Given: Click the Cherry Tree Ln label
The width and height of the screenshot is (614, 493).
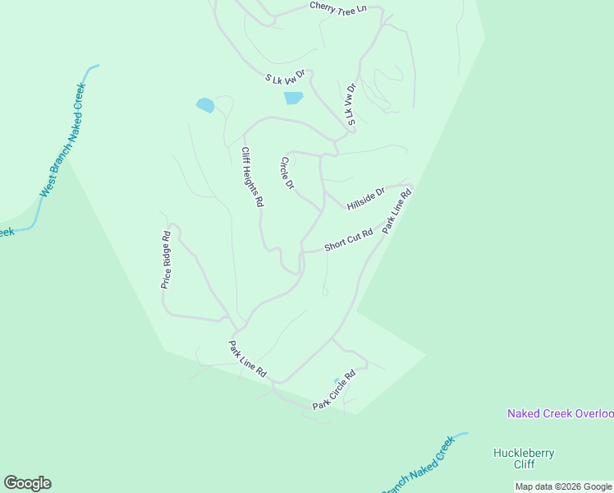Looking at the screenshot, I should [x=337, y=7].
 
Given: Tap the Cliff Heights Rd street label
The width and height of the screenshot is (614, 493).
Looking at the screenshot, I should [x=251, y=177].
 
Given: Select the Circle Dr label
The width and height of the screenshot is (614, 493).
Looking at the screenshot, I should [x=287, y=173].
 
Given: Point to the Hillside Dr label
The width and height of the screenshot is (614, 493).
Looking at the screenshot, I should [x=365, y=198].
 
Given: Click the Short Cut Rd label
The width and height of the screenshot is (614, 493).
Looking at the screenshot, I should [x=348, y=240].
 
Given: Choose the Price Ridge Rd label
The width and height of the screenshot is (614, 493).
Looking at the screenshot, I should [x=166, y=259].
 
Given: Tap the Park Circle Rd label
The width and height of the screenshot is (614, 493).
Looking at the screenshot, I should [x=333, y=390].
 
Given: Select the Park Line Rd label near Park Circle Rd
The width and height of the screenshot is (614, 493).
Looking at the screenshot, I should [x=248, y=359].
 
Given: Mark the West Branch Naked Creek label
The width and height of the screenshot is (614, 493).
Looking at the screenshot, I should [x=62, y=140].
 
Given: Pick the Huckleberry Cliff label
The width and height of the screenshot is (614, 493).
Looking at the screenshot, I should [x=524, y=458].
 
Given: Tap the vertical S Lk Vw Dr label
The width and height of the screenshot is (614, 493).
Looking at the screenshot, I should [x=351, y=104].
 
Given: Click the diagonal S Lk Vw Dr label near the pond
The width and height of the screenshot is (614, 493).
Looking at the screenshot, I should [x=285, y=77].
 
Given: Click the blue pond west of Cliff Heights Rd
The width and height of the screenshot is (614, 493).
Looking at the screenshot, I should [x=205, y=105].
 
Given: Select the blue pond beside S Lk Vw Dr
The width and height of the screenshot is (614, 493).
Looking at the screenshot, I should [x=293, y=98].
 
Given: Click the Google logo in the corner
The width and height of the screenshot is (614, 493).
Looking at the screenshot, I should [x=27, y=483].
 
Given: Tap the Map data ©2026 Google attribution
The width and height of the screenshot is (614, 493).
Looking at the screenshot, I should [x=563, y=486].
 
